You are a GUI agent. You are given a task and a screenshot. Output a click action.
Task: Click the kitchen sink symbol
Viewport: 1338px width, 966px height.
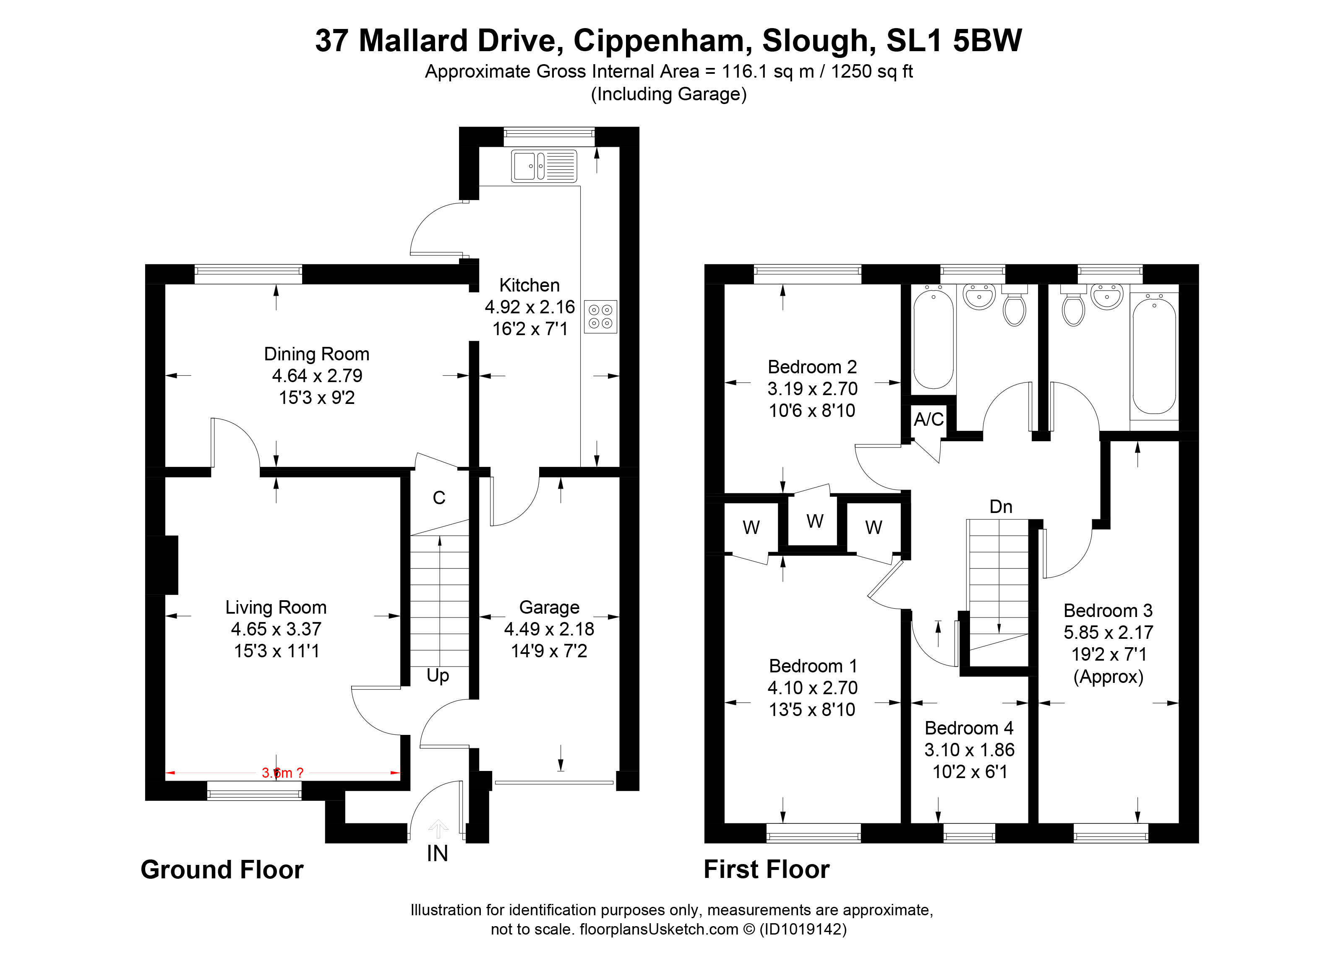(543, 166)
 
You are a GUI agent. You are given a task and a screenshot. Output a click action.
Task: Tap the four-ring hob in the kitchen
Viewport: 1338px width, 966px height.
(600, 317)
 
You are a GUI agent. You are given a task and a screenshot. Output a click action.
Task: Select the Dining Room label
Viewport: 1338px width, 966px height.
(316, 354)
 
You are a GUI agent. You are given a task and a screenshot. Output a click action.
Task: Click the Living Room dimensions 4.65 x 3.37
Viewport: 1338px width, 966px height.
(276, 629)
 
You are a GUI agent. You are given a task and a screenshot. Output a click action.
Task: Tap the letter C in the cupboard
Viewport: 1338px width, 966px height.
(439, 498)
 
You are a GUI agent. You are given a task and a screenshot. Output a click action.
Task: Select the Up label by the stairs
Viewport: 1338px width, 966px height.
(438, 676)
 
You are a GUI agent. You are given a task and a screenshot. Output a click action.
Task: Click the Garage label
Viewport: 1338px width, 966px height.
(549, 607)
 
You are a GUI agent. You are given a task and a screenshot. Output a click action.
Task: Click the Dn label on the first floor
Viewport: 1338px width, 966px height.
(1001, 507)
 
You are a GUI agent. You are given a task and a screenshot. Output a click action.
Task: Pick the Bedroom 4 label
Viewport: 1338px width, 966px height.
(969, 728)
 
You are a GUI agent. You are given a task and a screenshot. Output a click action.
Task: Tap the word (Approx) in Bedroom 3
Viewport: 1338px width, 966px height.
(1108, 677)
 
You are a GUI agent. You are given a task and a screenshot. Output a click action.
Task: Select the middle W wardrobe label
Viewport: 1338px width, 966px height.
(815, 521)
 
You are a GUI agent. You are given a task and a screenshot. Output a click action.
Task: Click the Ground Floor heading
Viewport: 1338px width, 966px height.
(222, 870)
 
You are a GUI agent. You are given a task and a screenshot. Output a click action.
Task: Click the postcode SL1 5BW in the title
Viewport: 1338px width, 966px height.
(954, 41)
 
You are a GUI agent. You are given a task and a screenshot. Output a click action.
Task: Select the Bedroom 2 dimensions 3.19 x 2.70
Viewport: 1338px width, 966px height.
(812, 389)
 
